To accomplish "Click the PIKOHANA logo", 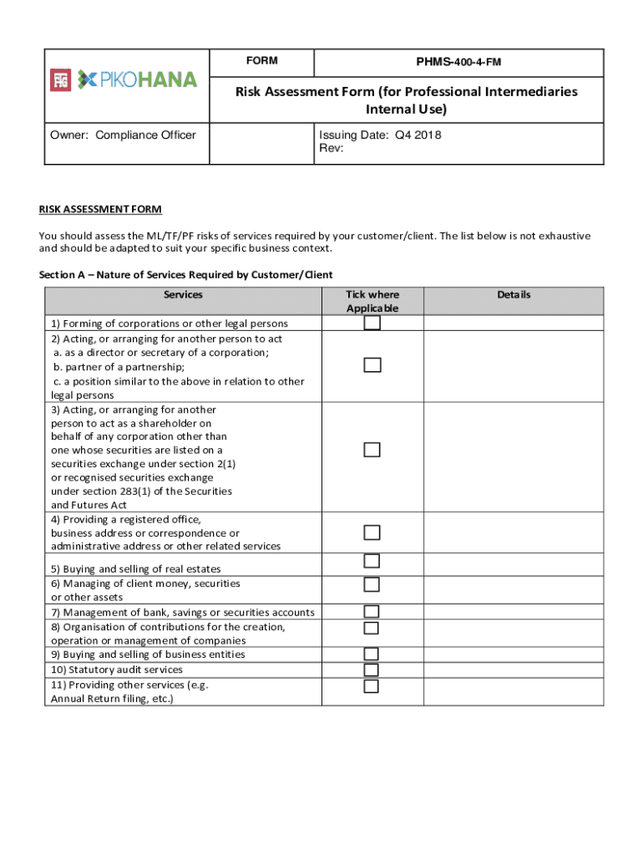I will [x=125, y=80].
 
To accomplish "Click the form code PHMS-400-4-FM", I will [x=458, y=63].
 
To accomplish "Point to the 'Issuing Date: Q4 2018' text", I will [x=380, y=135].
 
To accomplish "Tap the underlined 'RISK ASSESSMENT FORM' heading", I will [x=100, y=209].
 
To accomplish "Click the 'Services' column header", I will [x=183, y=294].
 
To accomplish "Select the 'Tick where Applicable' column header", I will [x=372, y=301].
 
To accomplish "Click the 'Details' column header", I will [x=514, y=294].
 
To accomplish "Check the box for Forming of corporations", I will [x=372, y=324].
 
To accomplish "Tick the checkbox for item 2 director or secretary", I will [x=372, y=365].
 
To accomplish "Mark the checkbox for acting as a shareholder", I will [x=372, y=450].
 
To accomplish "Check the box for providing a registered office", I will [x=372, y=532].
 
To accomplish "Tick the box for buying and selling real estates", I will [x=372, y=561].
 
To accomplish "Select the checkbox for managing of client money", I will [x=372, y=584].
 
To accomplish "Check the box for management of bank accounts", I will [x=372, y=612].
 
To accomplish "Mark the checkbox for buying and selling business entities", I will [x=372, y=654].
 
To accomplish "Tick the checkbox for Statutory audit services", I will [x=372, y=670].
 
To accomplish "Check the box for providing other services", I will [x=372, y=686].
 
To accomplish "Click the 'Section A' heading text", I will [x=185, y=275].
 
